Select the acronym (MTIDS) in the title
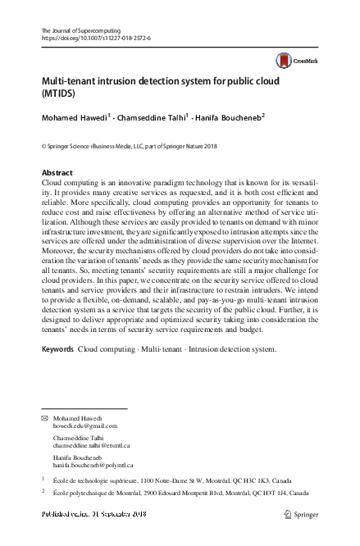[58, 94]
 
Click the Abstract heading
[57, 174]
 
